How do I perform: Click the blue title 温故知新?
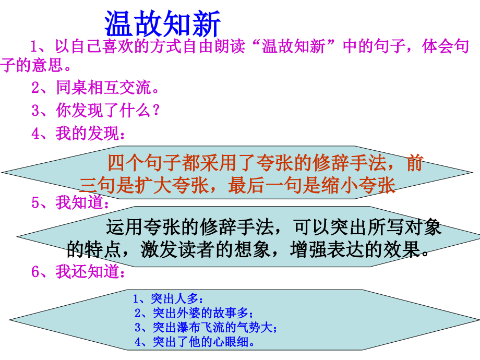point(163,23)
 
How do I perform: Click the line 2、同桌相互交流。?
point(95,88)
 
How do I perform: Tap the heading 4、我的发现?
point(78,134)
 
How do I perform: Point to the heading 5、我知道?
point(70,202)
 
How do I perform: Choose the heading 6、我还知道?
point(78,271)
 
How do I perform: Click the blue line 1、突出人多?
point(168,298)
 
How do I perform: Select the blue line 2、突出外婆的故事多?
point(194,313)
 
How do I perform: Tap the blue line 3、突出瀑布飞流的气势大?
point(206,327)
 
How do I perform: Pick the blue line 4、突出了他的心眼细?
point(195,342)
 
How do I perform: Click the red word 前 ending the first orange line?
point(415,163)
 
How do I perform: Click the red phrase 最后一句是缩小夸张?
point(312,185)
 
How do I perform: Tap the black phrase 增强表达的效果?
point(355,249)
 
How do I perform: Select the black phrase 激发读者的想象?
point(206,249)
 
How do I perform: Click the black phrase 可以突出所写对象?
point(367,227)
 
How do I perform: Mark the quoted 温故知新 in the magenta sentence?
point(294,46)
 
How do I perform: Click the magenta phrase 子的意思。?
point(35,65)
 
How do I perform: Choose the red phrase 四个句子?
point(145,163)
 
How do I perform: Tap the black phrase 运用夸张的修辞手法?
point(190,227)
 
